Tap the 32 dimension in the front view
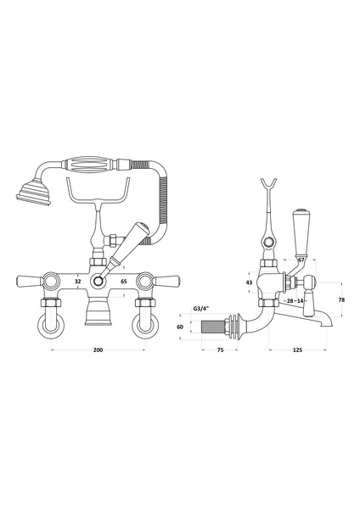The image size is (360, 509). [x=77, y=279]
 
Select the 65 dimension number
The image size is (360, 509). [x=123, y=279]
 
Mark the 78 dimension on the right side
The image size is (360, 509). [x=340, y=299]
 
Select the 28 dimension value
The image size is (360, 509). [x=291, y=301]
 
